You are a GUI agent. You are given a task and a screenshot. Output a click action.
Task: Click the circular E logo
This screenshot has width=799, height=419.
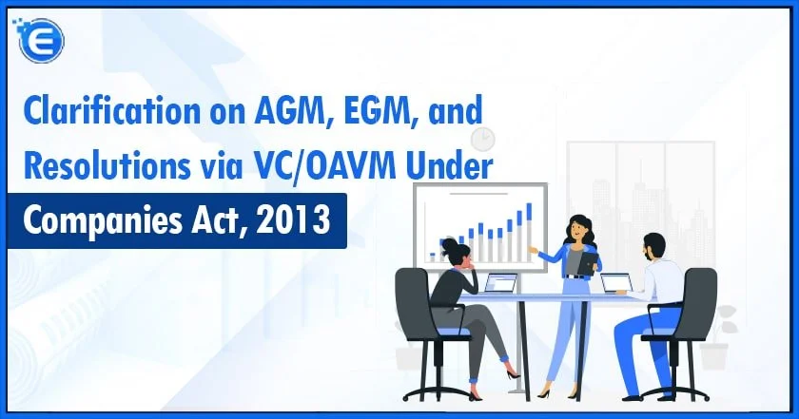coord(41,40)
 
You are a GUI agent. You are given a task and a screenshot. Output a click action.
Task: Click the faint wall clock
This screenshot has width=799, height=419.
coord(482,139)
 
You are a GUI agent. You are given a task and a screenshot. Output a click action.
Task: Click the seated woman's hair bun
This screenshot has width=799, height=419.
coord(449,244)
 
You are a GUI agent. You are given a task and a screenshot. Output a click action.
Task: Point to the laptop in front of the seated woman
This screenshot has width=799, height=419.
coord(499,283)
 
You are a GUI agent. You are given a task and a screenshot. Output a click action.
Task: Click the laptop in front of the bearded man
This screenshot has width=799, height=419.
coord(616,283)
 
